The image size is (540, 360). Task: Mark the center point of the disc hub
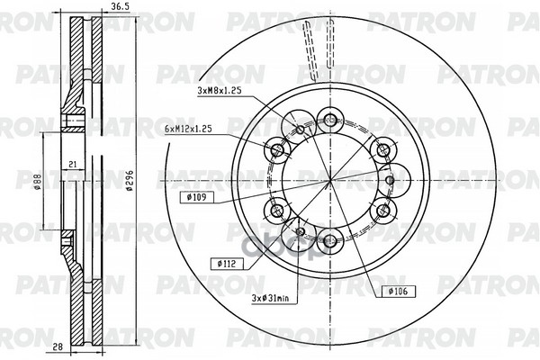[330, 180]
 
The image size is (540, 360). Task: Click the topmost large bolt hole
[330, 120]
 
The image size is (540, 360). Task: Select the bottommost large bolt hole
[330, 240]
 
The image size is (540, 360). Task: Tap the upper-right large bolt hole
[382, 149]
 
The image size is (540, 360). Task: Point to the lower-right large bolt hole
[382, 211]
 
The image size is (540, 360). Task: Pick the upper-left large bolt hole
[278, 149]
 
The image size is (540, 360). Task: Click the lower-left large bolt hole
[278, 211]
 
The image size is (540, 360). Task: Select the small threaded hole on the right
[389, 180]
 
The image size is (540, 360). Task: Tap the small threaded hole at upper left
[301, 130]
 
